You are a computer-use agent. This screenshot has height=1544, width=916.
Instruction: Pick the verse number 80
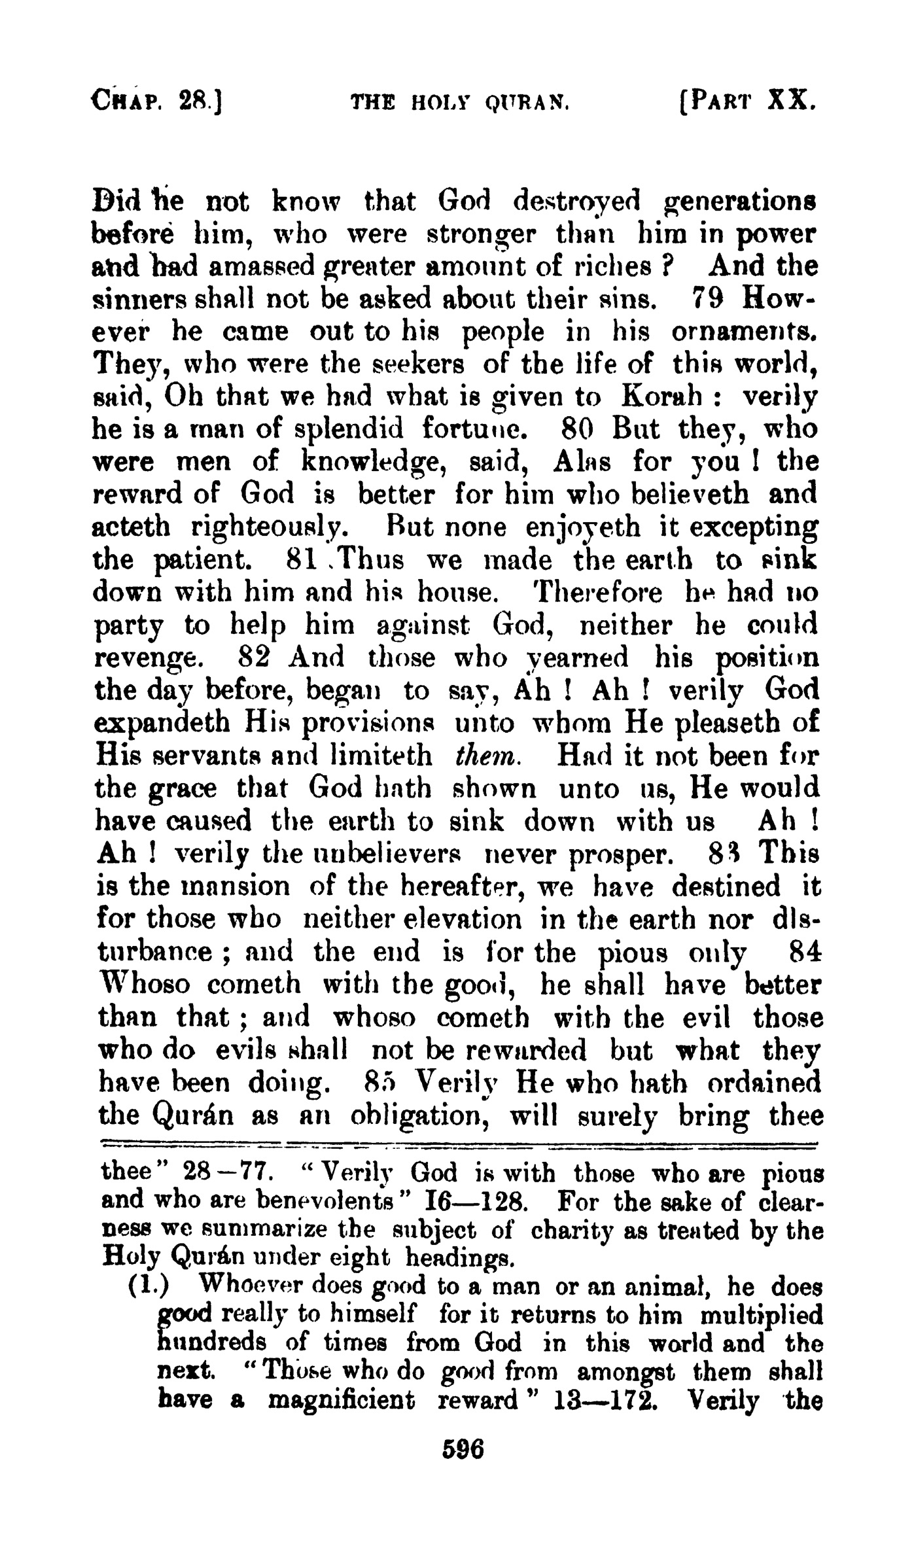click(576, 430)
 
